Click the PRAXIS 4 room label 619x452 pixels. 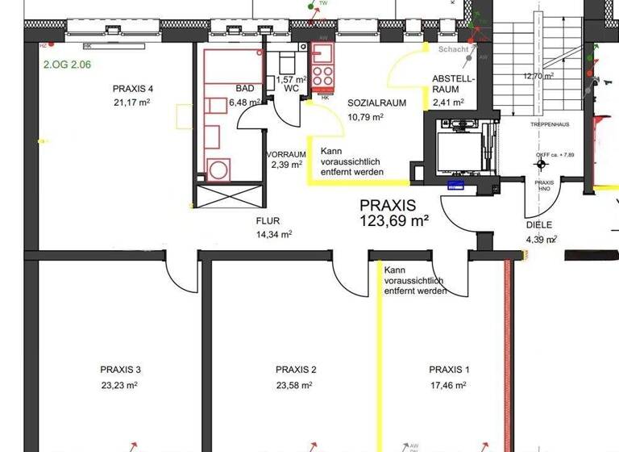tap(134, 89)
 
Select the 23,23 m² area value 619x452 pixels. tap(120, 385)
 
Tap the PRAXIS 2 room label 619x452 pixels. tap(296, 370)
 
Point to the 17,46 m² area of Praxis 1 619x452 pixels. tap(449, 385)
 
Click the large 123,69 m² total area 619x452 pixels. tap(394, 220)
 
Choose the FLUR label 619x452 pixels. tap(268, 220)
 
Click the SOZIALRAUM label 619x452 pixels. tap(376, 103)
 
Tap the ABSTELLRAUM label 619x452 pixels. tap(454, 84)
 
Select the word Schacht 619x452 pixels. tap(453, 49)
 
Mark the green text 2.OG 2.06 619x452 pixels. tap(68, 61)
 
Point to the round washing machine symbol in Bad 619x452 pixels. tap(218, 169)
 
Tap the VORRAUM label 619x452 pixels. tap(286, 154)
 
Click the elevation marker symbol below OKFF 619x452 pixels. tap(541, 165)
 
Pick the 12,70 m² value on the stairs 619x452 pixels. tap(538, 76)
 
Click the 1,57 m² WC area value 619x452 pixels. tap(291, 80)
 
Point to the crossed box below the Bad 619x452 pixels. tap(229, 195)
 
